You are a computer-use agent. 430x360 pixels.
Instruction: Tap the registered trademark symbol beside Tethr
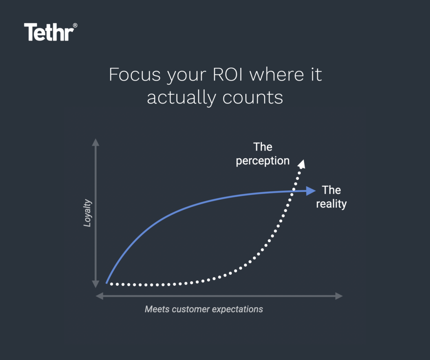tap(75, 26)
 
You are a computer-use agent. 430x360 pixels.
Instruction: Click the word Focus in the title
tap(134, 75)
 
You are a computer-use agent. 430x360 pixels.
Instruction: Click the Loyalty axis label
tap(87, 213)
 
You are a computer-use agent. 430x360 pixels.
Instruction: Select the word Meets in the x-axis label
tap(156, 309)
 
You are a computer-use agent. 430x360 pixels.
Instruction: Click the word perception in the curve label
tap(262, 161)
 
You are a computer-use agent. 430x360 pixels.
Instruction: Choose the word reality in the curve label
tap(331, 204)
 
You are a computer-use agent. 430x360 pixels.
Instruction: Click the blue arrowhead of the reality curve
tap(311, 191)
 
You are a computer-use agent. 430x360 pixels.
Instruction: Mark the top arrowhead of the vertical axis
tap(96, 142)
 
